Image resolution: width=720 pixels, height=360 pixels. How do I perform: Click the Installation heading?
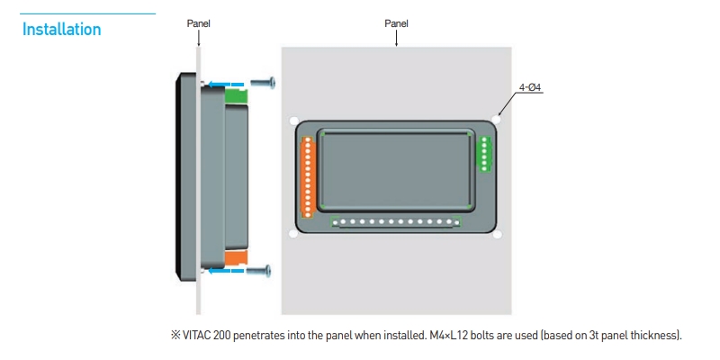(x=61, y=30)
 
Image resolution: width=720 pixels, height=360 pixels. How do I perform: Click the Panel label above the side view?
(x=198, y=23)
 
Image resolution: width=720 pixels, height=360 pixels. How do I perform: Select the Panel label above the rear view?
(x=396, y=23)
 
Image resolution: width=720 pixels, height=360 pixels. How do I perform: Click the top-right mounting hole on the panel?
(x=498, y=119)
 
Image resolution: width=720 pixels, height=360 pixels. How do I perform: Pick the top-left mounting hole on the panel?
(x=293, y=120)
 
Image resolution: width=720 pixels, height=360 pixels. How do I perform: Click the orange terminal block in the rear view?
(x=308, y=176)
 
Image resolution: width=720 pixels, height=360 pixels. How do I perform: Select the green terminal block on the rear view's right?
(x=484, y=153)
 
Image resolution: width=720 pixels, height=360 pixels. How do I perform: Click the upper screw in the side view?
(x=262, y=83)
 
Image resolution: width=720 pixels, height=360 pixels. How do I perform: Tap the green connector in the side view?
(x=236, y=94)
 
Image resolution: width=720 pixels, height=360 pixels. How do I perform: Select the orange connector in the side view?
(x=236, y=258)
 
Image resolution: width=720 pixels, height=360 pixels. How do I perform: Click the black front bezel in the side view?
(x=183, y=175)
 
